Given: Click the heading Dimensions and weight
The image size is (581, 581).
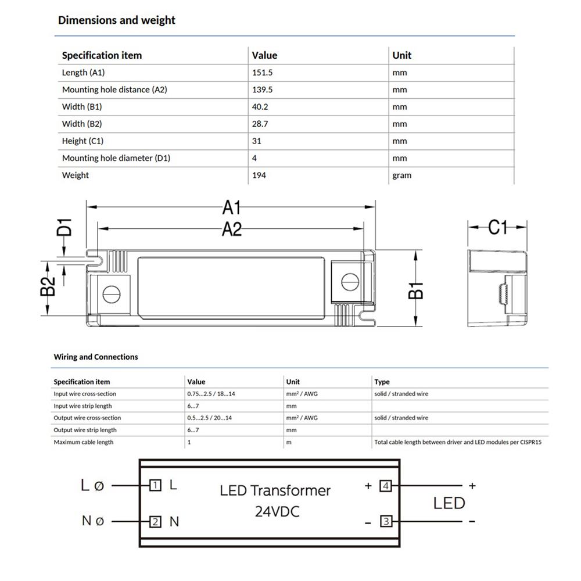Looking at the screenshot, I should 116,20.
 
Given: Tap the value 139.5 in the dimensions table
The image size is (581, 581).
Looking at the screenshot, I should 262,90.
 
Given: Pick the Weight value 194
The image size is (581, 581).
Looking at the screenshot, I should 259,175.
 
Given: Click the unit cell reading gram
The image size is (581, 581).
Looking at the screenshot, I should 401,175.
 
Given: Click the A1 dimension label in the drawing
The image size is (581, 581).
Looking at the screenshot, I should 231,206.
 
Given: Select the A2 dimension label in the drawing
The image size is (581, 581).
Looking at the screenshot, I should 231,229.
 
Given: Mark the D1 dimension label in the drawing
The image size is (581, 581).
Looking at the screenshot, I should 64,227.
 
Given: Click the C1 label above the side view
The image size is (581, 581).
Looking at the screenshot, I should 497,227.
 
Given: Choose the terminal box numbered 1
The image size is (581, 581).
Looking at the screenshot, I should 155,485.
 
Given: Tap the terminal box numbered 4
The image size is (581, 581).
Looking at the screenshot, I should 386,485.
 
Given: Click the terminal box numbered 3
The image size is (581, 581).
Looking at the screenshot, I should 386,521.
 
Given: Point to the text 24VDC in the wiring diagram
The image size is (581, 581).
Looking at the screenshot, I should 277,512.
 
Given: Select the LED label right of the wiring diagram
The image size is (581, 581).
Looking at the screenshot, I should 449,503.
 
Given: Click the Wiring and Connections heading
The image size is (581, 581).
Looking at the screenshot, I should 96,357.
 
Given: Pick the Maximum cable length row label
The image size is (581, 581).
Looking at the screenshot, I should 83,442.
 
